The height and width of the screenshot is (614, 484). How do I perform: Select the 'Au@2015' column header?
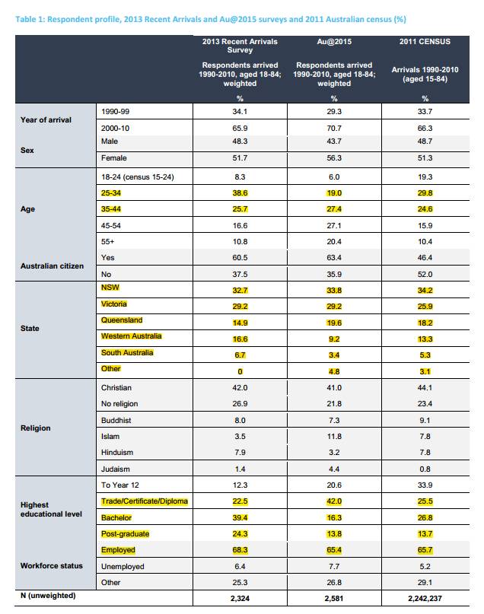[x=334, y=42]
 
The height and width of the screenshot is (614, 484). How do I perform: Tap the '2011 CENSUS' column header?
[x=425, y=42]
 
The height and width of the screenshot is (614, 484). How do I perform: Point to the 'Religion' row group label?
[x=36, y=428]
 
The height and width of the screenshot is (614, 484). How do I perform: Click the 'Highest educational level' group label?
[x=51, y=510]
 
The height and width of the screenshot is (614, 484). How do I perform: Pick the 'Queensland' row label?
[x=122, y=320]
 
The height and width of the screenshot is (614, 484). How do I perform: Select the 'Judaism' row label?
[x=115, y=469]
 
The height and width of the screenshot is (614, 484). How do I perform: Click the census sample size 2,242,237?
[x=425, y=598]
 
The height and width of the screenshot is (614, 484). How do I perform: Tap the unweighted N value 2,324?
[x=240, y=598]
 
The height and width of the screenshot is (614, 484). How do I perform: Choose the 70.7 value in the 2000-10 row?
[x=334, y=128]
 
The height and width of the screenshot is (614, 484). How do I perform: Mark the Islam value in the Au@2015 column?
[x=334, y=436]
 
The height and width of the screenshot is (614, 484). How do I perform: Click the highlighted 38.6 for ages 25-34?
[x=240, y=193]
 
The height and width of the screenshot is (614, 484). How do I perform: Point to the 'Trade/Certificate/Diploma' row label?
[x=145, y=501]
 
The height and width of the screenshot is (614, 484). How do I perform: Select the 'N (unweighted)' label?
[x=48, y=596]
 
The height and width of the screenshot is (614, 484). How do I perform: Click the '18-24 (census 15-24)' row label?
[x=138, y=177]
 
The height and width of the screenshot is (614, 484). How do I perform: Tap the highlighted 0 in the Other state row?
[x=240, y=371]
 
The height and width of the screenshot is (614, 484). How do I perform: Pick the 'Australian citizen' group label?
[x=52, y=266]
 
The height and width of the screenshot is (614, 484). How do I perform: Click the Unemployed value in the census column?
[x=425, y=566]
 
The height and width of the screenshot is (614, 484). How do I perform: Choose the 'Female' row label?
[x=114, y=157]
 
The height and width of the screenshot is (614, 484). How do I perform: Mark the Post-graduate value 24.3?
[x=240, y=533]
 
